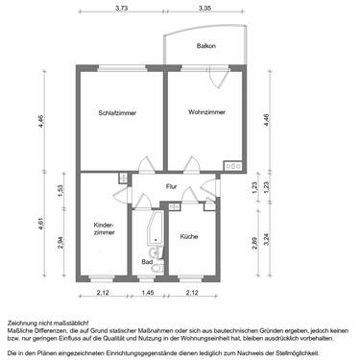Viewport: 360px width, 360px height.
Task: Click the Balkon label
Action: click(x=205, y=46)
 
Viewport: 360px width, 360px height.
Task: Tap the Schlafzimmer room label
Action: click(x=117, y=113)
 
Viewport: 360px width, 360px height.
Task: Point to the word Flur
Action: click(x=172, y=186)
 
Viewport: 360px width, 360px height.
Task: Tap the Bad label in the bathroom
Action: click(x=147, y=261)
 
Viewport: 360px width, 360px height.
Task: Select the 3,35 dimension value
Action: click(x=204, y=8)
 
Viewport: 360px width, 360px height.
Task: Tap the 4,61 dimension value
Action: click(x=40, y=226)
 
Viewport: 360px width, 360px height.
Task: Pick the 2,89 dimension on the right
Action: click(x=253, y=242)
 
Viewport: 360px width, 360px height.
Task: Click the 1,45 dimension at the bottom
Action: click(x=147, y=292)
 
